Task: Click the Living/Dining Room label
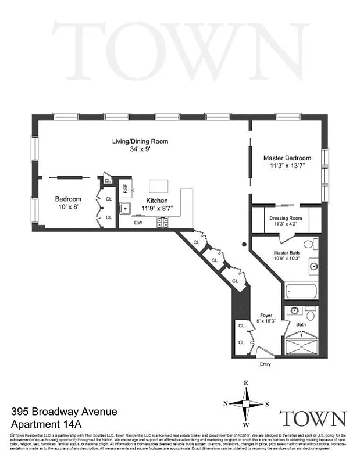pyautogui.click(x=140, y=141)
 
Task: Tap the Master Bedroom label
pyautogui.click(x=287, y=158)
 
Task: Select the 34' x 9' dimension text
pyautogui.click(x=140, y=149)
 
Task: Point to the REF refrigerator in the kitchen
pyautogui.click(x=124, y=189)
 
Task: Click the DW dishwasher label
pyautogui.click(x=138, y=222)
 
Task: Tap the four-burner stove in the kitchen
pyautogui.click(x=161, y=221)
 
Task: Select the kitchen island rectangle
pyautogui.click(x=159, y=186)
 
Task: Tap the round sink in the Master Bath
pyautogui.click(x=313, y=267)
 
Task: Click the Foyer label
pyautogui.click(x=266, y=316)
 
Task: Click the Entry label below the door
pyautogui.click(x=265, y=364)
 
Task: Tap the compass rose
pyautogui.click(x=247, y=403)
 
